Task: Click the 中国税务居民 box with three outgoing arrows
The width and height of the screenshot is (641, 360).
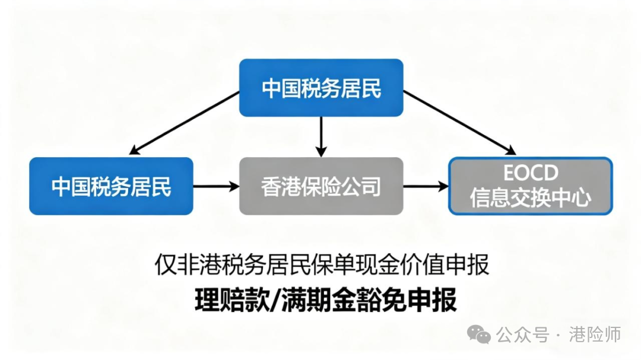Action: click(x=321, y=88)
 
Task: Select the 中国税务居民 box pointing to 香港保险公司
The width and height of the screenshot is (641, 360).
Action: click(x=111, y=186)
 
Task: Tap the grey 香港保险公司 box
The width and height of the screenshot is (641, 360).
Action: click(x=321, y=186)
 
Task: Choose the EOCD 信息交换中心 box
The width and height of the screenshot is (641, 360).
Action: click(x=531, y=186)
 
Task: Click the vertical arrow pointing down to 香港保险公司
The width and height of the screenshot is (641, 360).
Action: click(x=321, y=136)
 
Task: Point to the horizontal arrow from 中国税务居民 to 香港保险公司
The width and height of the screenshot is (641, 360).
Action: click(x=216, y=186)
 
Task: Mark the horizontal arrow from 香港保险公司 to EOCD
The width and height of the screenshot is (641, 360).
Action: click(x=426, y=186)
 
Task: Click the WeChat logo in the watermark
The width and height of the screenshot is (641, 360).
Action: click(x=478, y=334)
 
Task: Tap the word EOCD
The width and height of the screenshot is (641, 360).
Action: click(x=531, y=173)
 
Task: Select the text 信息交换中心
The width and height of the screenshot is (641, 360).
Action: click(x=531, y=198)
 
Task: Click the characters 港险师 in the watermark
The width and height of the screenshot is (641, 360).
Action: click(x=594, y=334)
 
